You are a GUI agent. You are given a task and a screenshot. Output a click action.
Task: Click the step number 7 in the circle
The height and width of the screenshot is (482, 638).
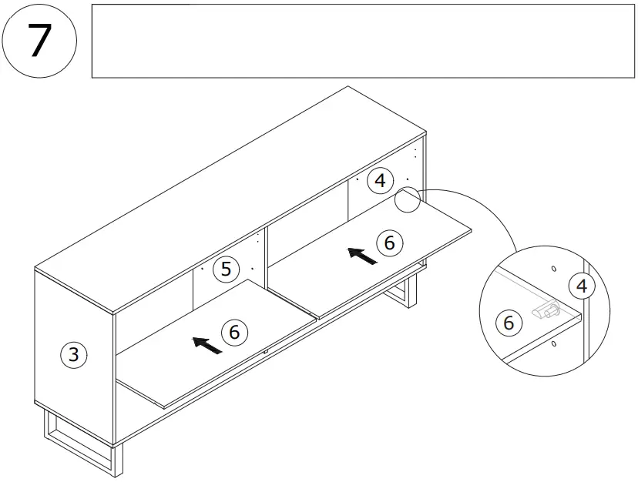(x=39, y=40)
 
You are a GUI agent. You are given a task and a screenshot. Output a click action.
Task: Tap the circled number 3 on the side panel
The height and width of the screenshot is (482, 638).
(x=73, y=355)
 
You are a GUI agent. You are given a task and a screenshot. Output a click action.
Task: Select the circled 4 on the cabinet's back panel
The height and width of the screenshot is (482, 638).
(x=379, y=182)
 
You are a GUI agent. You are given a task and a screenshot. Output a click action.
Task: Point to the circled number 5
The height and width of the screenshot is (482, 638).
(x=226, y=269)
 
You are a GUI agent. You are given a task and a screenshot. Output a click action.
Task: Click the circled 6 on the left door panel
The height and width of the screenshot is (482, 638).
(x=234, y=332)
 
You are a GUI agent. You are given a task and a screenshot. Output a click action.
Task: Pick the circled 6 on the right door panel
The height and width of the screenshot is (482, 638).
(x=390, y=243)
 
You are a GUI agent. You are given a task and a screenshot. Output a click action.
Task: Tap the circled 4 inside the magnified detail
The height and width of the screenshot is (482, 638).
(x=582, y=286)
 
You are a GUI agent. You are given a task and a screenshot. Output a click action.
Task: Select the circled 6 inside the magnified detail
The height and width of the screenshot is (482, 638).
(x=508, y=323)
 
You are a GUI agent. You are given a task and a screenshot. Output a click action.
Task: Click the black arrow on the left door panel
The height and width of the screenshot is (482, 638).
(x=207, y=345)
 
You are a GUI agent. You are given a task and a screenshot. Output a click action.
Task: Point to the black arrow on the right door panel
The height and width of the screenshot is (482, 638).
(x=362, y=256)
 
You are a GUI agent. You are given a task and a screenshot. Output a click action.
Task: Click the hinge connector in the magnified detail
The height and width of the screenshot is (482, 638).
(x=546, y=309)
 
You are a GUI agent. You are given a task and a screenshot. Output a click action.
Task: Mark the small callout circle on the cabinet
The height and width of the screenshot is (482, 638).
(x=408, y=199)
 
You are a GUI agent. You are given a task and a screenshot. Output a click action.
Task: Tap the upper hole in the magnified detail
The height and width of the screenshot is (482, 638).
(x=553, y=269)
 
